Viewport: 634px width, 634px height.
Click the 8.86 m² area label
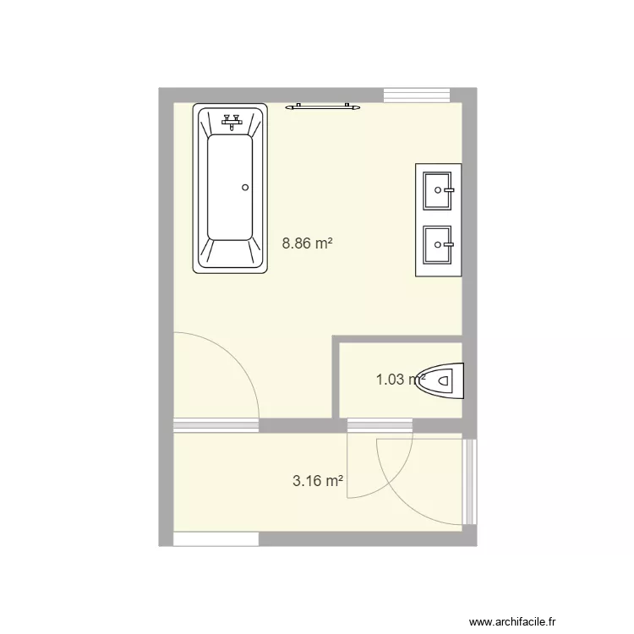coord(307,243)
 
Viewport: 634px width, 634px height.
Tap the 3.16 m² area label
coord(317,482)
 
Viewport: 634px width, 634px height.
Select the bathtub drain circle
coord(245,188)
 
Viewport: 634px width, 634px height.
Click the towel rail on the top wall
coord(322,107)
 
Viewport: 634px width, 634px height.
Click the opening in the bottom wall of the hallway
coord(216,538)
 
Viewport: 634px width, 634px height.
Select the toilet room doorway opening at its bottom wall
coord(380,424)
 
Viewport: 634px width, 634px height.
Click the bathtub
coord(230,189)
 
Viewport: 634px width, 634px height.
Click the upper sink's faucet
coord(452,190)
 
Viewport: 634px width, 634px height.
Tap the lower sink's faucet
coord(452,244)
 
